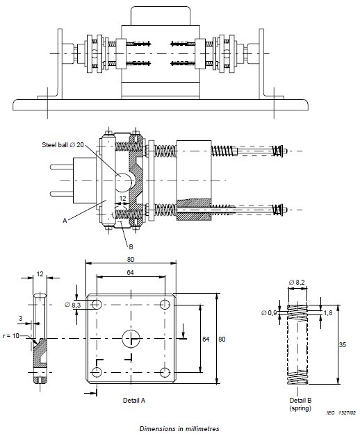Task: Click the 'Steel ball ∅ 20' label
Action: tap(63, 145)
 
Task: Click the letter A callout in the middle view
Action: tap(65, 221)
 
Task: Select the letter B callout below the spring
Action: tap(131, 246)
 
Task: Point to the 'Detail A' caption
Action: tap(134, 400)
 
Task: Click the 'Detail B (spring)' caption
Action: tap(300, 404)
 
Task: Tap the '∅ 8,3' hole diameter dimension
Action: tap(73, 305)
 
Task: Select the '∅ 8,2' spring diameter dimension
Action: tap(297, 283)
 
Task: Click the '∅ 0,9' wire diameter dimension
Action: tap(269, 313)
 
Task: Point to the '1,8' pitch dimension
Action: tap(328, 313)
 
